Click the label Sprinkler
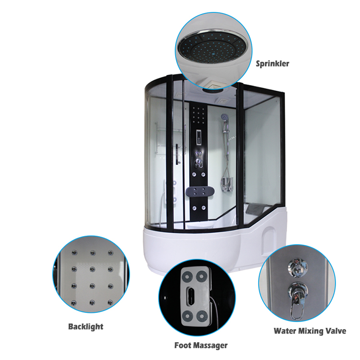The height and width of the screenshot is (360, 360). click(272, 63)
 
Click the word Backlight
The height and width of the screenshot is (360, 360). click(85, 326)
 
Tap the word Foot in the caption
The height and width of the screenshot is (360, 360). click(183, 345)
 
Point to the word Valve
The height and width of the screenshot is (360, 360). click(336, 331)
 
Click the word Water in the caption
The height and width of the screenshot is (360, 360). click(286, 331)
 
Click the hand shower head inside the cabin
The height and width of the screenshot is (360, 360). click(224, 117)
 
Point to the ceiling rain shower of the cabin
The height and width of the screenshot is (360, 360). click(211, 89)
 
